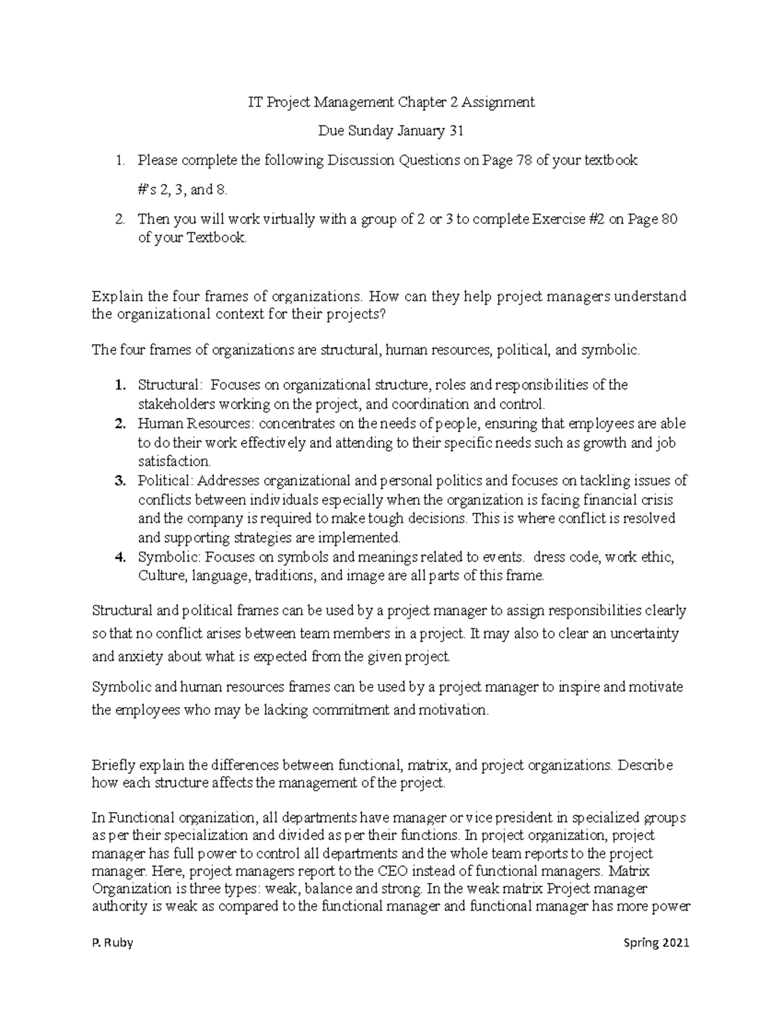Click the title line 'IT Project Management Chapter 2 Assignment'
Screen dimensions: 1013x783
tap(391, 102)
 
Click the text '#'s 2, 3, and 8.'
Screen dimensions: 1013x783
tap(184, 190)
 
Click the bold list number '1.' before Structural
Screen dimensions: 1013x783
tap(119, 385)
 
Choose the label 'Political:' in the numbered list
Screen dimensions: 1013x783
tap(166, 481)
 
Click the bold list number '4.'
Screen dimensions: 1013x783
tap(119, 557)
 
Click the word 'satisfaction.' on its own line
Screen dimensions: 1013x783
tap(174, 461)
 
